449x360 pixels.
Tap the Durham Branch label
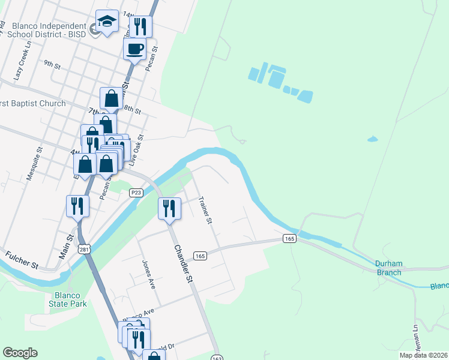(388, 268)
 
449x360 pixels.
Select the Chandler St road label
(183, 263)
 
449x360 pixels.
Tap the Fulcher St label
(22, 260)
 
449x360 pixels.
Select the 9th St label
(53, 62)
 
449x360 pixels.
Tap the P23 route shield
(136, 192)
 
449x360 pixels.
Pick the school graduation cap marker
(107, 23)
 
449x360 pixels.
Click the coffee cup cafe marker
(135, 49)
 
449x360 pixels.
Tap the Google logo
(20, 353)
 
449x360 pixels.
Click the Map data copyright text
(424, 355)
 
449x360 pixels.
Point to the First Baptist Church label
(33, 104)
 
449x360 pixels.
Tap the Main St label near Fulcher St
(66, 246)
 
